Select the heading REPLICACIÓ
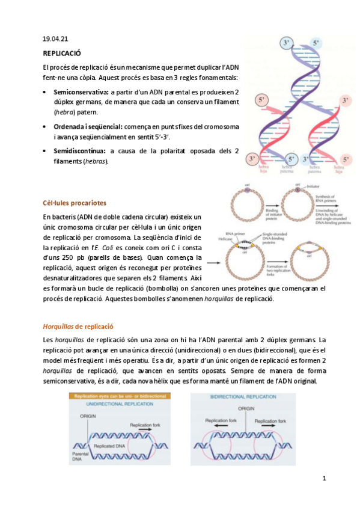[x=62, y=54]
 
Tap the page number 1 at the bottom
[x=324, y=479]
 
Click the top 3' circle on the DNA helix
[x=286, y=43]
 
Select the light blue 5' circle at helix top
[x=316, y=43]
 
